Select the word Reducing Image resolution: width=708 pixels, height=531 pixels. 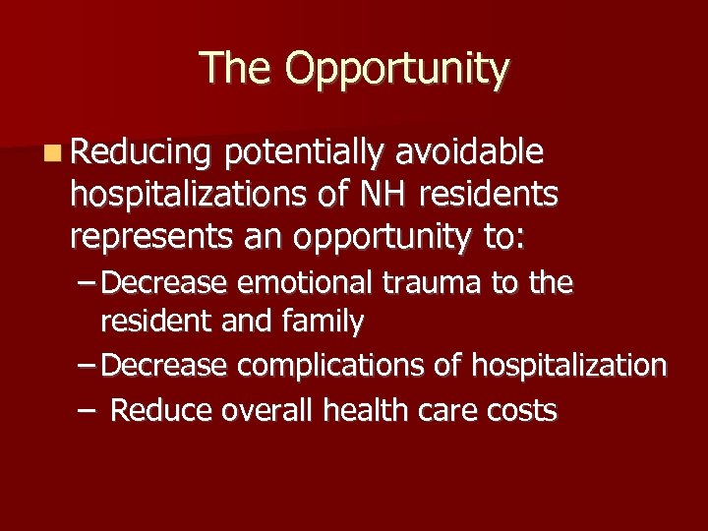click(x=142, y=153)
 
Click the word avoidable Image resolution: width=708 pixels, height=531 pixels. click(x=470, y=152)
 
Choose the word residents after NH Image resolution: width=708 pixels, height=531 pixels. click(x=489, y=195)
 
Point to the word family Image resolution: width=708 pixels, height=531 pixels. click(x=321, y=320)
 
